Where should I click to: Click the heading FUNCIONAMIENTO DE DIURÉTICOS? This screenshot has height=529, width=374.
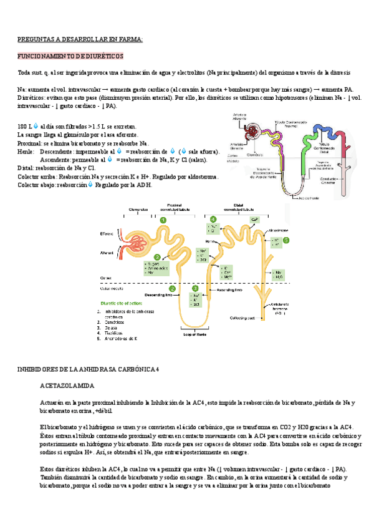pyautogui.click(x=70, y=56)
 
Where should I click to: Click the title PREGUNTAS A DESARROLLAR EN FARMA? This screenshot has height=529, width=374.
pyautogui.click(x=80, y=40)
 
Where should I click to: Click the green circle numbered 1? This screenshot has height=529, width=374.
pyautogui.click(x=163, y=220)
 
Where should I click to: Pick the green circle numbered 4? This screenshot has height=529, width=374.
pyautogui.click(x=213, y=220)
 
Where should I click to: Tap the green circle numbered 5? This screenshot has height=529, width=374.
pyautogui.click(x=286, y=240)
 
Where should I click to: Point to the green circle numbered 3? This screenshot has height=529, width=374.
pyautogui.click(x=195, y=288)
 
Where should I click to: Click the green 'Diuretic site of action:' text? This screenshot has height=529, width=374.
pyautogui.click(x=120, y=303)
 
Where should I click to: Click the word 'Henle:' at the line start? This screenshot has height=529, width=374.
pyautogui.click(x=26, y=152)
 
